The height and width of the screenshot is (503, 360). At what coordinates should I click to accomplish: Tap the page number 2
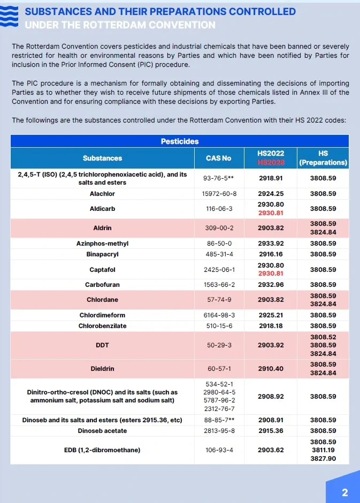tap(344, 492)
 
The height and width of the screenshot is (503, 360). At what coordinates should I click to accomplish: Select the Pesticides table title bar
tap(180, 141)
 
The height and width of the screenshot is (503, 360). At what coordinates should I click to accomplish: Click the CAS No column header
tap(218, 158)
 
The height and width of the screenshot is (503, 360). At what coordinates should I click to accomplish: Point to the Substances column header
tap(102, 158)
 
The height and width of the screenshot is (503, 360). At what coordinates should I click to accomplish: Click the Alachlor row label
tap(102, 194)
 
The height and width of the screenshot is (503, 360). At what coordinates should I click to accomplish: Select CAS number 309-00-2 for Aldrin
tap(218, 228)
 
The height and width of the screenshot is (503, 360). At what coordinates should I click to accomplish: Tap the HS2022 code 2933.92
tap(271, 243)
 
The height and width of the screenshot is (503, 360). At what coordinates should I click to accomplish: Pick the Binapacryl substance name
tap(102, 254)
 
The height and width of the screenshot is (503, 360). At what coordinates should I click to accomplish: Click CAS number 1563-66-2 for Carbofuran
tap(218, 285)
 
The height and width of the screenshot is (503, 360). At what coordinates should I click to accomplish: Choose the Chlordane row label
tap(102, 300)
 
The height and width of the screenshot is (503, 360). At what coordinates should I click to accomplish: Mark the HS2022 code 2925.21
tap(271, 315)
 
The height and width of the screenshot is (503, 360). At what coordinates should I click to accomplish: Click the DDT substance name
tap(102, 345)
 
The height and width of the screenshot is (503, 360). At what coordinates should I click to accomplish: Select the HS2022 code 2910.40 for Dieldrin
tap(271, 369)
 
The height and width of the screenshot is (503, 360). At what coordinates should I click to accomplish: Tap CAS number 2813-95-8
tap(218, 431)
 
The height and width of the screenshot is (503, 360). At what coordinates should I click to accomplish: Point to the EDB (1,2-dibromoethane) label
tap(102, 450)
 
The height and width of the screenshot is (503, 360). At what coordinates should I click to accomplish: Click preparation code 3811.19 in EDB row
tap(323, 450)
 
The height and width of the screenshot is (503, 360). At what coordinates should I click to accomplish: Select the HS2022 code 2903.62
tap(271, 450)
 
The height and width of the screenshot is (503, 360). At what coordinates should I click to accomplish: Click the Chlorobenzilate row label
tap(102, 326)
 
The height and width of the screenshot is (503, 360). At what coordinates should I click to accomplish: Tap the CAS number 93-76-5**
tap(218, 179)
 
